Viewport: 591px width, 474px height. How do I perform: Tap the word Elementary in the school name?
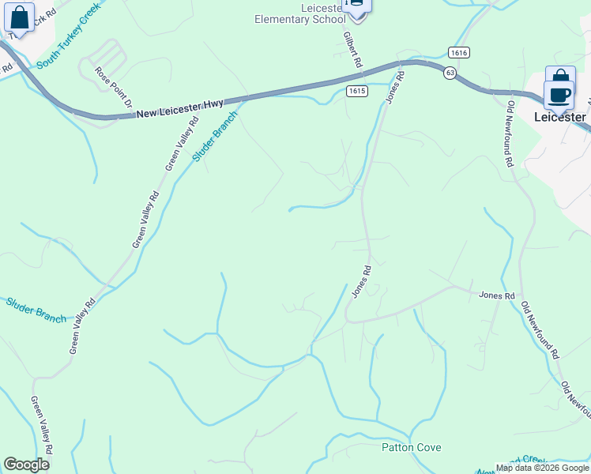[x=283, y=19]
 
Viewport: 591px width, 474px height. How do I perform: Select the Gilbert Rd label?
[x=352, y=50]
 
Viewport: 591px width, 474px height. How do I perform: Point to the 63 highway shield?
[x=450, y=73]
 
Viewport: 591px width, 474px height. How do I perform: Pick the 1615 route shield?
[x=356, y=92]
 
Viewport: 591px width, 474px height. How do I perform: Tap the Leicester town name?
[x=559, y=117]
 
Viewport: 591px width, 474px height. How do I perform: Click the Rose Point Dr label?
[x=112, y=87]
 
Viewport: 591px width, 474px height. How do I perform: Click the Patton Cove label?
[x=411, y=447]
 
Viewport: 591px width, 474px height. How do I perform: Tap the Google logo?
[x=27, y=465]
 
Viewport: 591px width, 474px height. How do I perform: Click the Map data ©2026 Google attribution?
[x=541, y=468]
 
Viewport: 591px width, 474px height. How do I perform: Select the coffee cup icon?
[x=559, y=94]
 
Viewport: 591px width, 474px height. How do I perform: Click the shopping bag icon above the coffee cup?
[x=560, y=77]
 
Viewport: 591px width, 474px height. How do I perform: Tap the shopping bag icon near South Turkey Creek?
[x=20, y=17]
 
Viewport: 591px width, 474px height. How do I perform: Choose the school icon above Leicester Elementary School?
[x=356, y=6]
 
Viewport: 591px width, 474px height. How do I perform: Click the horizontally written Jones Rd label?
[x=497, y=295]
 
